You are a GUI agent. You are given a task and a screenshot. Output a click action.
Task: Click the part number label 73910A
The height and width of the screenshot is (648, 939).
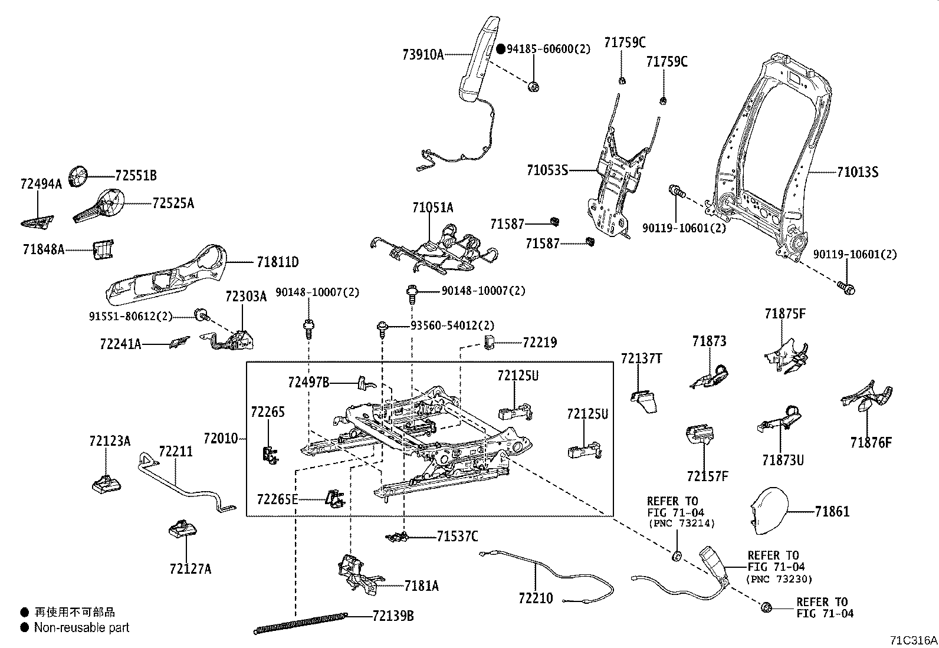click(x=422, y=55)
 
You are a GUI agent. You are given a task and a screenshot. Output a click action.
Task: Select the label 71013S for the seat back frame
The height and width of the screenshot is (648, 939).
click(x=857, y=172)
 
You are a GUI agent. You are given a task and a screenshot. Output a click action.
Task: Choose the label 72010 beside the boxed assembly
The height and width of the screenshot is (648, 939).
click(x=220, y=439)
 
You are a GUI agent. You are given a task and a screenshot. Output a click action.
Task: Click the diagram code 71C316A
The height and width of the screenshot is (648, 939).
click(x=914, y=640)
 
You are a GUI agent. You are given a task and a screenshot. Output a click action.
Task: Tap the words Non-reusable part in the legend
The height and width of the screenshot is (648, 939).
click(x=81, y=627)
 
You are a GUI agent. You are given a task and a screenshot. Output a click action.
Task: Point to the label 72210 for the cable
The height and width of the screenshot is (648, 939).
click(x=536, y=598)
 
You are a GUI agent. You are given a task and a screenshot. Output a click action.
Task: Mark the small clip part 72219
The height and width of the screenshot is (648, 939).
click(x=488, y=341)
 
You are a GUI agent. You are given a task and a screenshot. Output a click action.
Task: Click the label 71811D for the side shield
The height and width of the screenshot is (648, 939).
click(x=277, y=262)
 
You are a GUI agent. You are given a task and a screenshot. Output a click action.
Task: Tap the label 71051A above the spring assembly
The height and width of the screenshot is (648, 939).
click(x=432, y=208)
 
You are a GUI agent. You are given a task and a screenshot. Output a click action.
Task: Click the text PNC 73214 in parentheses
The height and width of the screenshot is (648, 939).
click(x=682, y=523)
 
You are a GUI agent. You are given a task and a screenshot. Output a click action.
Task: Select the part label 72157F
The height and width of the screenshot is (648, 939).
click(x=707, y=476)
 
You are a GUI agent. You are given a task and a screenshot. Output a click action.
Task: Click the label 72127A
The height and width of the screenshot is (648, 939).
click(x=190, y=569)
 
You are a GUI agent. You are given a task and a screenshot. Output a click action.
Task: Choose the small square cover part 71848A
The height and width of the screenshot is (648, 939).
click(x=103, y=249)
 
